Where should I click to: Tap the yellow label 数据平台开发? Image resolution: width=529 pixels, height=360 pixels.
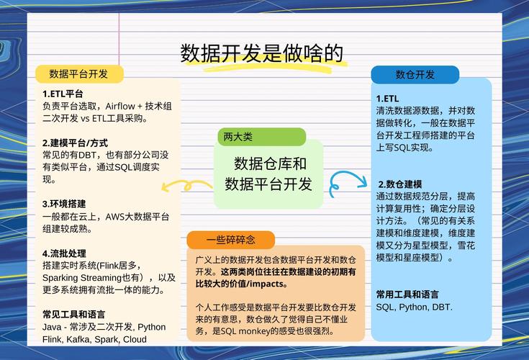click(x=78, y=73)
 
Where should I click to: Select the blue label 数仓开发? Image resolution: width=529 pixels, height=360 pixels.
click(x=415, y=74)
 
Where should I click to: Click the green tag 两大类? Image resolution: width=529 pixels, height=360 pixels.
click(x=238, y=136)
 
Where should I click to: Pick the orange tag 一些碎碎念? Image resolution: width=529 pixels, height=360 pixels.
click(x=230, y=240)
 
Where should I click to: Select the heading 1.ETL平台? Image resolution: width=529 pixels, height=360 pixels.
click(x=63, y=94)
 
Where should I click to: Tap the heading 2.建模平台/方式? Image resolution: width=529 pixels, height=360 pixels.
click(x=75, y=143)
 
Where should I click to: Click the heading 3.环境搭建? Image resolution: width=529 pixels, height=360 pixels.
click(x=64, y=204)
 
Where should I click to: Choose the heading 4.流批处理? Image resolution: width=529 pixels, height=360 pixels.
click(x=64, y=253)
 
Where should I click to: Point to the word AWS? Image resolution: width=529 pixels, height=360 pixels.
click(x=116, y=217)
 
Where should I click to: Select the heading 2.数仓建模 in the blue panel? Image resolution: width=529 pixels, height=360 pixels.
click(x=400, y=184)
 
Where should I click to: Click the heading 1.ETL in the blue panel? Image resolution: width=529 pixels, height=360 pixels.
click(x=387, y=99)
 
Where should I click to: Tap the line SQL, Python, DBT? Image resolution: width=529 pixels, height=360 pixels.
click(x=414, y=307)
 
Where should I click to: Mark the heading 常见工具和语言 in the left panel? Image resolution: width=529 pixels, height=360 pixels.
click(x=73, y=315)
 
